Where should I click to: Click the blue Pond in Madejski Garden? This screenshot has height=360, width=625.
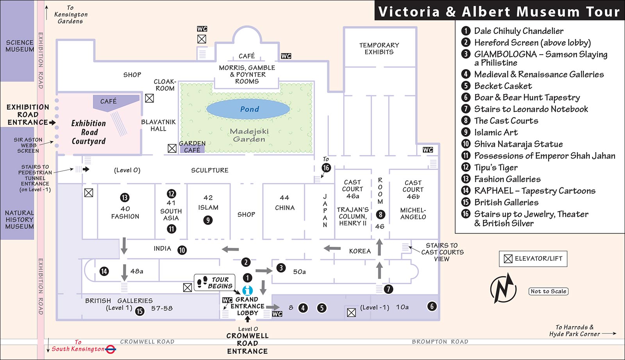(x=248, y=109)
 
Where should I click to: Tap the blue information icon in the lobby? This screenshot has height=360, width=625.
(x=248, y=290)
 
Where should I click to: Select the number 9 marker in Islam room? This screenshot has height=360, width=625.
(x=208, y=220)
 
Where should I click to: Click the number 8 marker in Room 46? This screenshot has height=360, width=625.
(x=380, y=215)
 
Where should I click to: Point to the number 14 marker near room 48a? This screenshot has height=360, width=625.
(x=104, y=271)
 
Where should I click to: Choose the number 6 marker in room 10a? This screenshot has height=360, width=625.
(x=432, y=307)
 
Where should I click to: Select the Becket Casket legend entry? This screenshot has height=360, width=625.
(x=496, y=86)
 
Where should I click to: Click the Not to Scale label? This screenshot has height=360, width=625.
(x=548, y=291)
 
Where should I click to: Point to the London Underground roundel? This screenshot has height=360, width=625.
(x=111, y=349)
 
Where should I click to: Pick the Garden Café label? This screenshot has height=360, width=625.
(x=192, y=147)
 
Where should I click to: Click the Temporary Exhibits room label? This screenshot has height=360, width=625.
(x=379, y=48)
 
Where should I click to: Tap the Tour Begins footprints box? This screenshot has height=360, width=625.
(x=214, y=282)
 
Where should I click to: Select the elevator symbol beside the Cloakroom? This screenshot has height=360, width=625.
(x=149, y=98)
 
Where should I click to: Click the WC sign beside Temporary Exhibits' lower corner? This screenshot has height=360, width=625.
(x=428, y=150)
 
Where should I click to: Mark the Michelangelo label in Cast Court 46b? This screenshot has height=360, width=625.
(x=413, y=214)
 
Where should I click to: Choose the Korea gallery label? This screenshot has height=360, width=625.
(x=360, y=251)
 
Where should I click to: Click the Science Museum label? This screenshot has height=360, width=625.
(x=20, y=46)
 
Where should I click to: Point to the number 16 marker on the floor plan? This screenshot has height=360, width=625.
(x=326, y=168)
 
